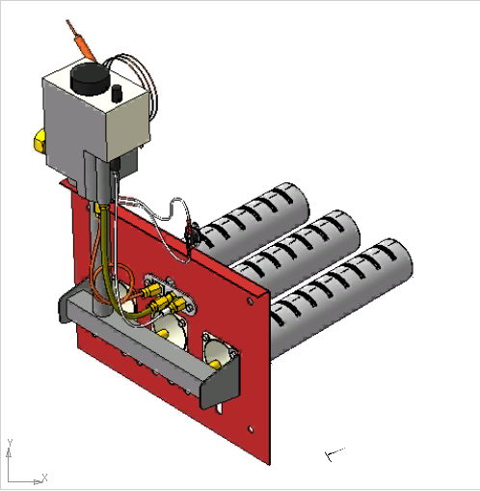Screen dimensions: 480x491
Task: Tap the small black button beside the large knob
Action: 117,94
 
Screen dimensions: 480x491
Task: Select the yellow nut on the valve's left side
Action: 40,140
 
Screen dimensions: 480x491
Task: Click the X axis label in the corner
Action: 44,477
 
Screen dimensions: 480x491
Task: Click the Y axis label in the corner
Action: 10,442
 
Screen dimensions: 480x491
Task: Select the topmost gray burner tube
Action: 253,219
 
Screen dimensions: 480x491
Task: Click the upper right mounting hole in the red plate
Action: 250,301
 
